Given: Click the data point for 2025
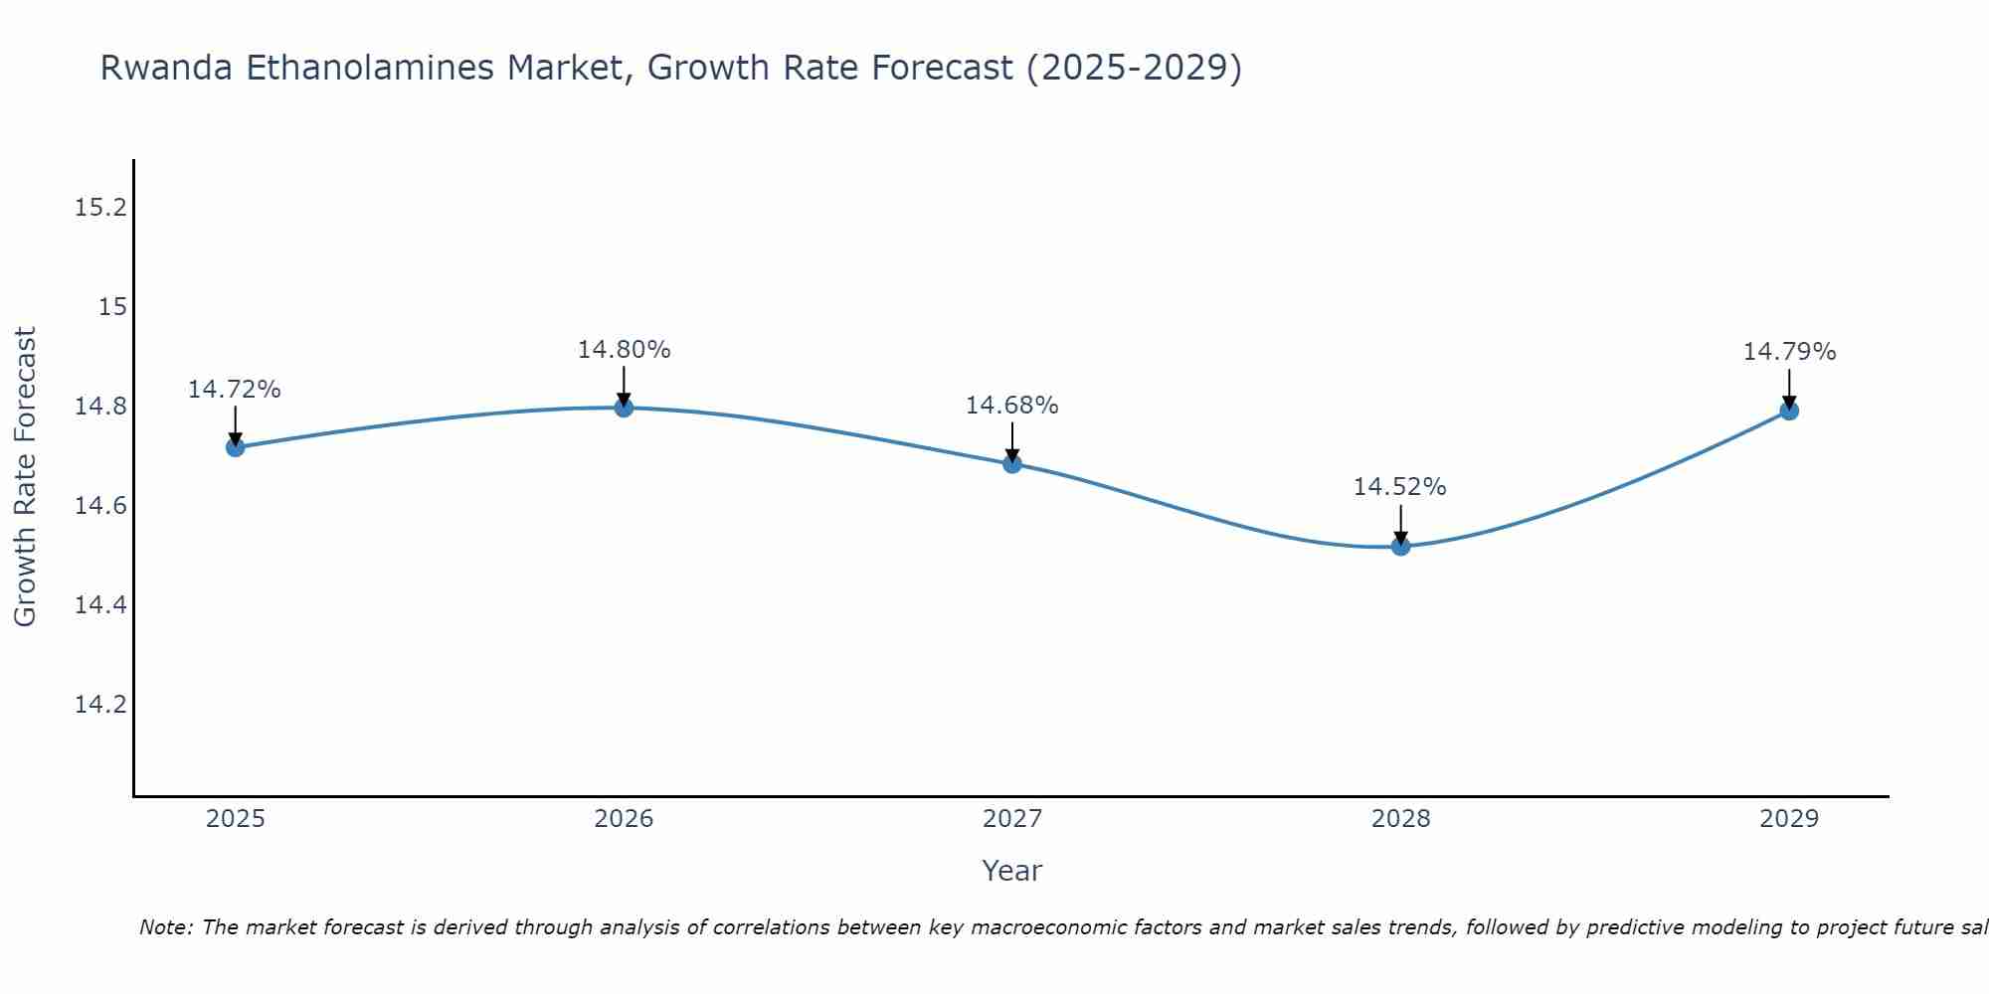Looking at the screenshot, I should [x=236, y=447].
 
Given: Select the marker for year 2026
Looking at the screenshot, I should [x=624, y=408].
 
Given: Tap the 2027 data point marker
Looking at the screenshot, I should [x=1012, y=463].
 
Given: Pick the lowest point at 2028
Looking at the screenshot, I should [x=1400, y=546].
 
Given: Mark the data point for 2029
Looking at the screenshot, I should [x=1789, y=411].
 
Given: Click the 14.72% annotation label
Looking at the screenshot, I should [x=235, y=390].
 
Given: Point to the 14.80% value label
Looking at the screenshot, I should [x=624, y=350].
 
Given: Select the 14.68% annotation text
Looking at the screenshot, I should [x=1012, y=406].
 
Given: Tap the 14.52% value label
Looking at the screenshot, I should [x=1399, y=487].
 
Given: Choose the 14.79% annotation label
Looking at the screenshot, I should [x=1789, y=352].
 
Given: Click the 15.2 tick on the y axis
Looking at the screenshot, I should [x=101, y=208].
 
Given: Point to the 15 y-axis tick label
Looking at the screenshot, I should [x=113, y=307].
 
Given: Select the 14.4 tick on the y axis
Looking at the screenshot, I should [x=101, y=605].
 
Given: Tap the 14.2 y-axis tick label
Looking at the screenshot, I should [x=101, y=705].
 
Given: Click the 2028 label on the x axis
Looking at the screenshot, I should [x=1400, y=819].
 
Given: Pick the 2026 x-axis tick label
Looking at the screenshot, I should [x=624, y=819].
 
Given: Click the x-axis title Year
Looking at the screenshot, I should [x=1011, y=871].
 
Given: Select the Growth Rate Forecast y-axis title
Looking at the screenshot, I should [x=25, y=477].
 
